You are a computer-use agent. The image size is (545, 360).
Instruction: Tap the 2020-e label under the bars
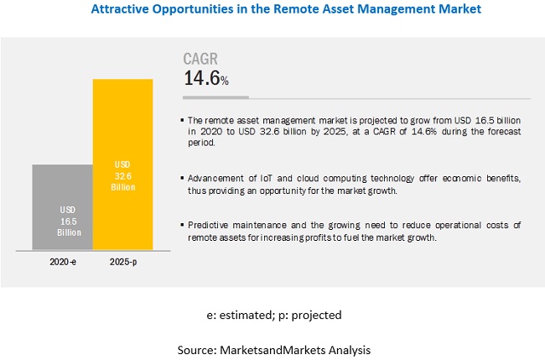click(62, 263)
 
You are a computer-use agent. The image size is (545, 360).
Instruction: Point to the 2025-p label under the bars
click(122, 263)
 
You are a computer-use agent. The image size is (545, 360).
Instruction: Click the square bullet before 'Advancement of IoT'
click(184, 180)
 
